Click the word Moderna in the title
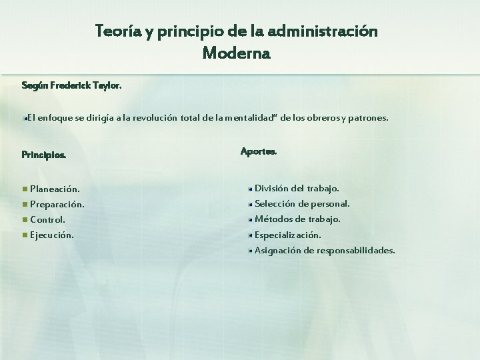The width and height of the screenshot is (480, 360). click(x=236, y=52)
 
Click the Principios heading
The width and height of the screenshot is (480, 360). click(x=43, y=155)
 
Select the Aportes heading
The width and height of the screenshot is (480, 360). click(x=258, y=151)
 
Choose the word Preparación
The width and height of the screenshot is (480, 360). click(x=57, y=204)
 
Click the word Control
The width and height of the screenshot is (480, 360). click(x=47, y=219)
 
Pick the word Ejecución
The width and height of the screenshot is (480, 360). click(x=52, y=235)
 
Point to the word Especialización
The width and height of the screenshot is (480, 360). click(x=287, y=235)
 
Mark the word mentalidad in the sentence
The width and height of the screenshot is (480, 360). click(x=250, y=118)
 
